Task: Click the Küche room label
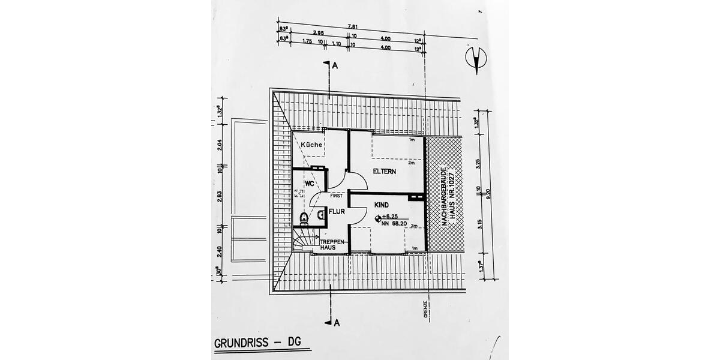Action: (x=312, y=145)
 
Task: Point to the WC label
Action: (x=310, y=182)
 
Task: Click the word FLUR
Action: (x=336, y=211)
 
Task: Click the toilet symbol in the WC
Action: (x=304, y=217)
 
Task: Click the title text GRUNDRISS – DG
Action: (x=258, y=344)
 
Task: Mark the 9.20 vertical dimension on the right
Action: (x=489, y=193)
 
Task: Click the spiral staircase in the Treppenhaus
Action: (x=303, y=241)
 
